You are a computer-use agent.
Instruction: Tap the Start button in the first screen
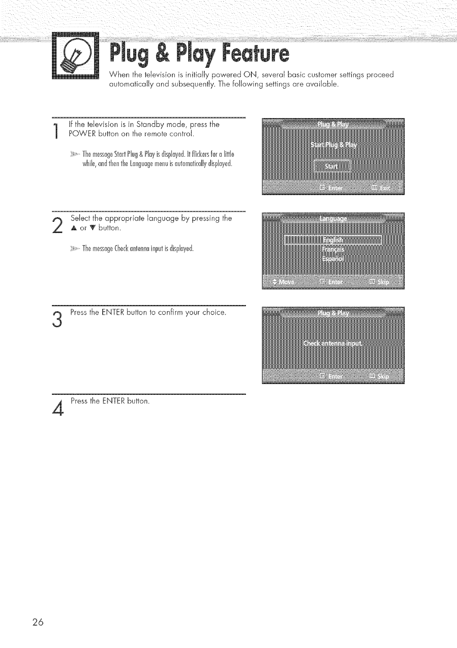pyautogui.click(x=331, y=166)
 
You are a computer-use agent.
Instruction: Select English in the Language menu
pyautogui.click(x=333, y=240)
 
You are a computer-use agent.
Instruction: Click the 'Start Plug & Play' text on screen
pyautogui.click(x=333, y=145)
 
